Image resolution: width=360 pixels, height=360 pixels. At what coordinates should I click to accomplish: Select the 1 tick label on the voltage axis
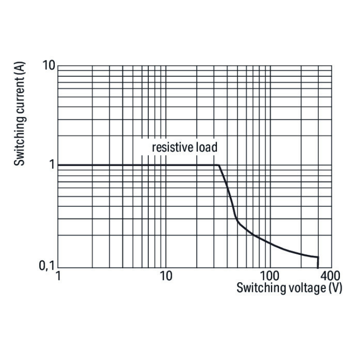pos(58,277)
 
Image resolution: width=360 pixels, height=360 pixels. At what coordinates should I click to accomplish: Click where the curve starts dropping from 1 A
pos(219,165)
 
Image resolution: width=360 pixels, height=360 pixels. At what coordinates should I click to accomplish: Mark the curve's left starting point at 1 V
pos(58,165)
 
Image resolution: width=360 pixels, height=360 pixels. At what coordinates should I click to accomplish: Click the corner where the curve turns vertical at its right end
pos(318,257)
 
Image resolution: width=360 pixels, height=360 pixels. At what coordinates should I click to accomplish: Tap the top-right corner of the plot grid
pos(332,66)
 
